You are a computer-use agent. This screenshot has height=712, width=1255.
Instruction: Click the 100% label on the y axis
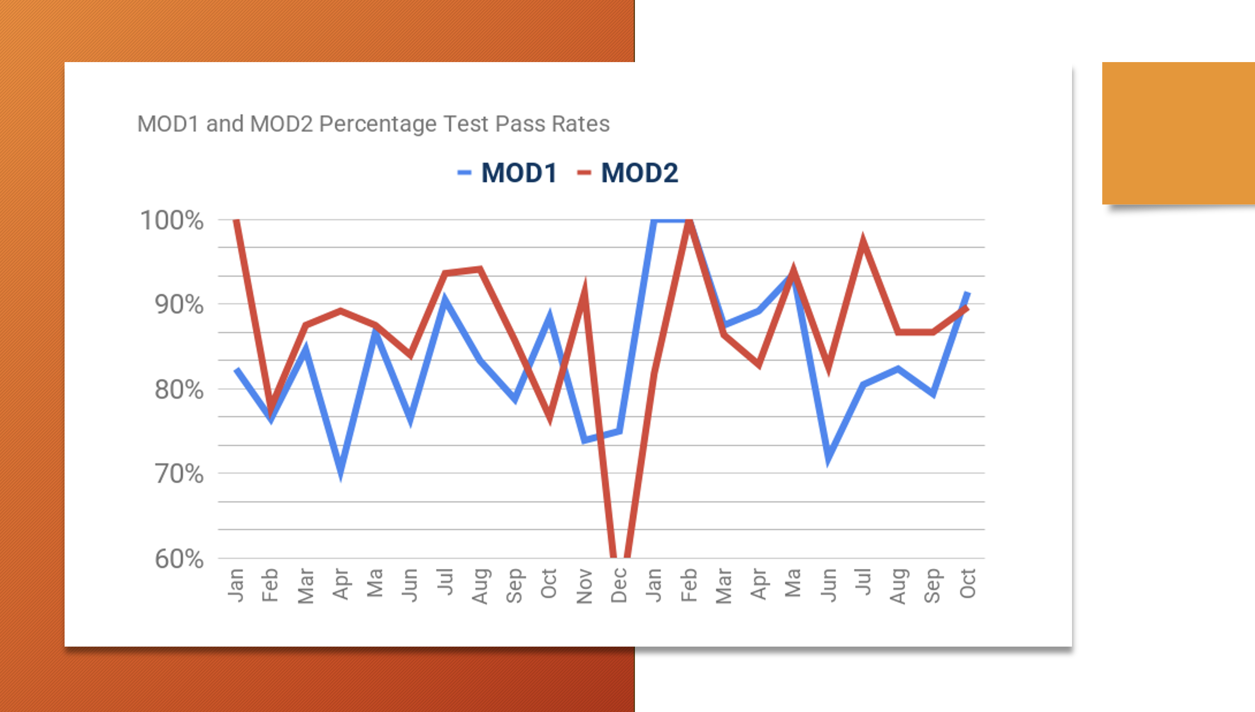(172, 221)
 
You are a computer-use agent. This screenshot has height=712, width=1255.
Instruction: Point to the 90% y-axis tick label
(179, 305)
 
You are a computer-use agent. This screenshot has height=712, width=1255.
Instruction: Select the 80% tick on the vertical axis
(179, 390)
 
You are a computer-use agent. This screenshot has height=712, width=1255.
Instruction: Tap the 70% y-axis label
(179, 474)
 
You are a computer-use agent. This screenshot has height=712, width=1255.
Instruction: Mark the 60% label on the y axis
(179, 559)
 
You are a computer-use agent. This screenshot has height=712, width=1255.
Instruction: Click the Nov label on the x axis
(584, 586)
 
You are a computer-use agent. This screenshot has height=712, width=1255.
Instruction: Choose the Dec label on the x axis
(619, 585)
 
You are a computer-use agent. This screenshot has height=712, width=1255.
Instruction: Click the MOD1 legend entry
(518, 173)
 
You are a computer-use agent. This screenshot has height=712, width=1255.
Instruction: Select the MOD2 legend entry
(639, 173)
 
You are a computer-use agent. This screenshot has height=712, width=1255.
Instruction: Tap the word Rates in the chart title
(581, 124)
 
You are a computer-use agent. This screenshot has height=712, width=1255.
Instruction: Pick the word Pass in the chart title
(521, 124)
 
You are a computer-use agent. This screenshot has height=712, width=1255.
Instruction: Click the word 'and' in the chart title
(225, 124)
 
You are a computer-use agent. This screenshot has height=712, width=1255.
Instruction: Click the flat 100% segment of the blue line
(671, 221)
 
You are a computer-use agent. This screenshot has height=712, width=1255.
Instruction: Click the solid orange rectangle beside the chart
(1178, 133)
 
